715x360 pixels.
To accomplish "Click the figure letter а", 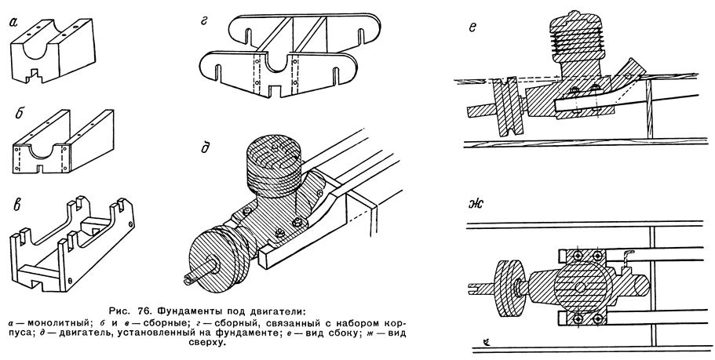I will point(14,23).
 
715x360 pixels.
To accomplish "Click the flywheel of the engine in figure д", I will point(213,259).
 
